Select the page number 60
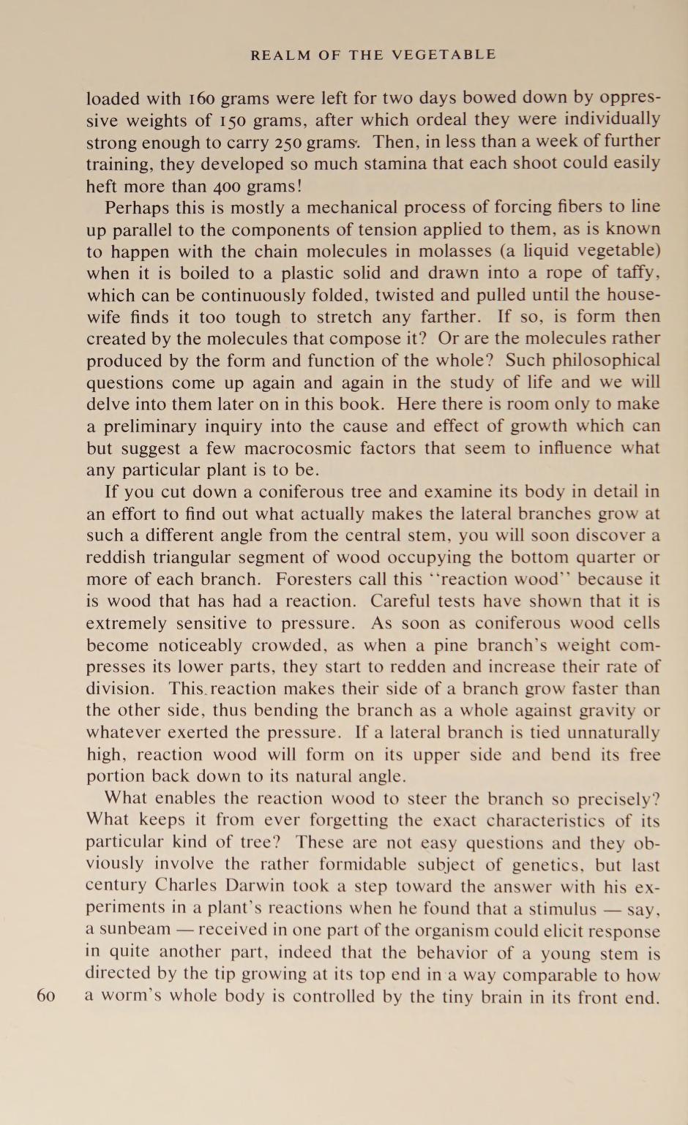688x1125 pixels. coord(45,996)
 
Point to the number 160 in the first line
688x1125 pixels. coord(201,98)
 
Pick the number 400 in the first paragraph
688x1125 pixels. coord(231,186)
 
